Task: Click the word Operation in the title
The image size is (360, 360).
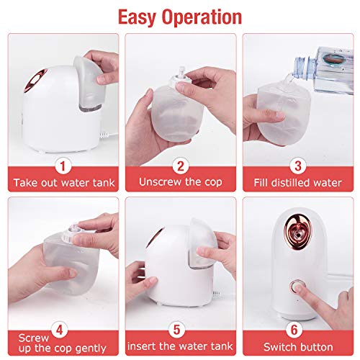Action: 202,17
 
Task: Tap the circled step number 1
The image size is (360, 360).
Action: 63,166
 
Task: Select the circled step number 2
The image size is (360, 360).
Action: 181,166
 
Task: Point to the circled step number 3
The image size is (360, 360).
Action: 298,166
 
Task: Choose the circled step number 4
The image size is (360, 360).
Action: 59,330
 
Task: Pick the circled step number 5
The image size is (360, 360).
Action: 176,330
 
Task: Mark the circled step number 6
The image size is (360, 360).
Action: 294,330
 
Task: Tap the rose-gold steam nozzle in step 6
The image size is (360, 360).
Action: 298,230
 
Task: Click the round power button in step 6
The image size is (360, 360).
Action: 297,287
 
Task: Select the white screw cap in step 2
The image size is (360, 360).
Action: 179,80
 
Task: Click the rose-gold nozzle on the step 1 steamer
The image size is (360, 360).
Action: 35,81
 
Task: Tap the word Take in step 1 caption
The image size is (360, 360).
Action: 25,183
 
